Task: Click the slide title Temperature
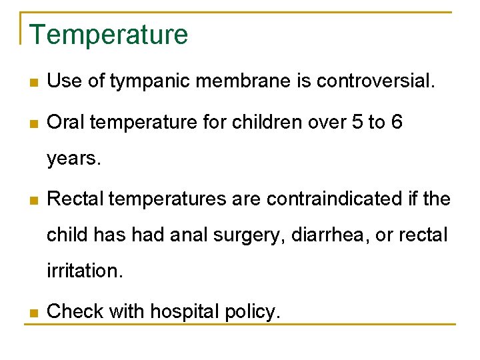coord(109,35)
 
